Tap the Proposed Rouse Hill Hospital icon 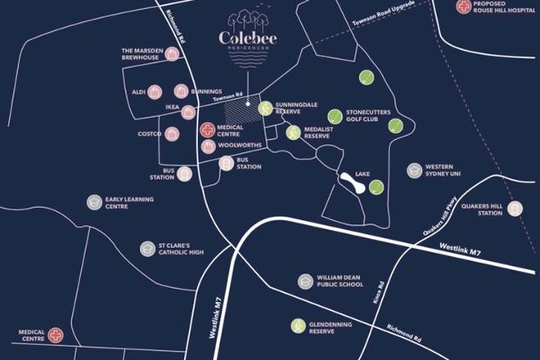tap(466, 7)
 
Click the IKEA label tap(172, 107)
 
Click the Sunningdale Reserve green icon tap(265, 107)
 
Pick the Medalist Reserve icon tap(293, 133)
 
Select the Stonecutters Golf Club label tap(367, 115)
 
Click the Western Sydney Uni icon tap(415, 170)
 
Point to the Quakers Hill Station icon tap(515, 209)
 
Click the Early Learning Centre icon tap(95, 201)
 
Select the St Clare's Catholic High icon tap(146, 247)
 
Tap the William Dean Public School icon tap(305, 281)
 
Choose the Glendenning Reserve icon tap(296, 326)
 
